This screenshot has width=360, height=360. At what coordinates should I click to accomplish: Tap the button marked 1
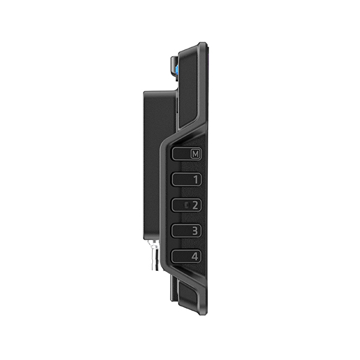(186, 179)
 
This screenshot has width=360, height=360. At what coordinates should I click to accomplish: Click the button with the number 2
(186, 205)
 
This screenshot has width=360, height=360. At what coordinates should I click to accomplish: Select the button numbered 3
(186, 231)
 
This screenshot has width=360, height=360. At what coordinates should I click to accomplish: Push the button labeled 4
(186, 256)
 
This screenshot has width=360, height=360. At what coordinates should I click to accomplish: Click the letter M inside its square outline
(195, 153)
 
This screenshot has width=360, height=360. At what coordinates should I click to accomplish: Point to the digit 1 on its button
(195, 179)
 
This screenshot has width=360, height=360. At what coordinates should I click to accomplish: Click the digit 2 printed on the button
(195, 205)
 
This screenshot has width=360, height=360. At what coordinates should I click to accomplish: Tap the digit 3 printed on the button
(195, 231)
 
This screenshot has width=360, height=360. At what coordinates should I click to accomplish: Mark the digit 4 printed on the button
(195, 257)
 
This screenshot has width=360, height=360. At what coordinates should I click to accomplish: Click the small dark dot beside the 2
(187, 205)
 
